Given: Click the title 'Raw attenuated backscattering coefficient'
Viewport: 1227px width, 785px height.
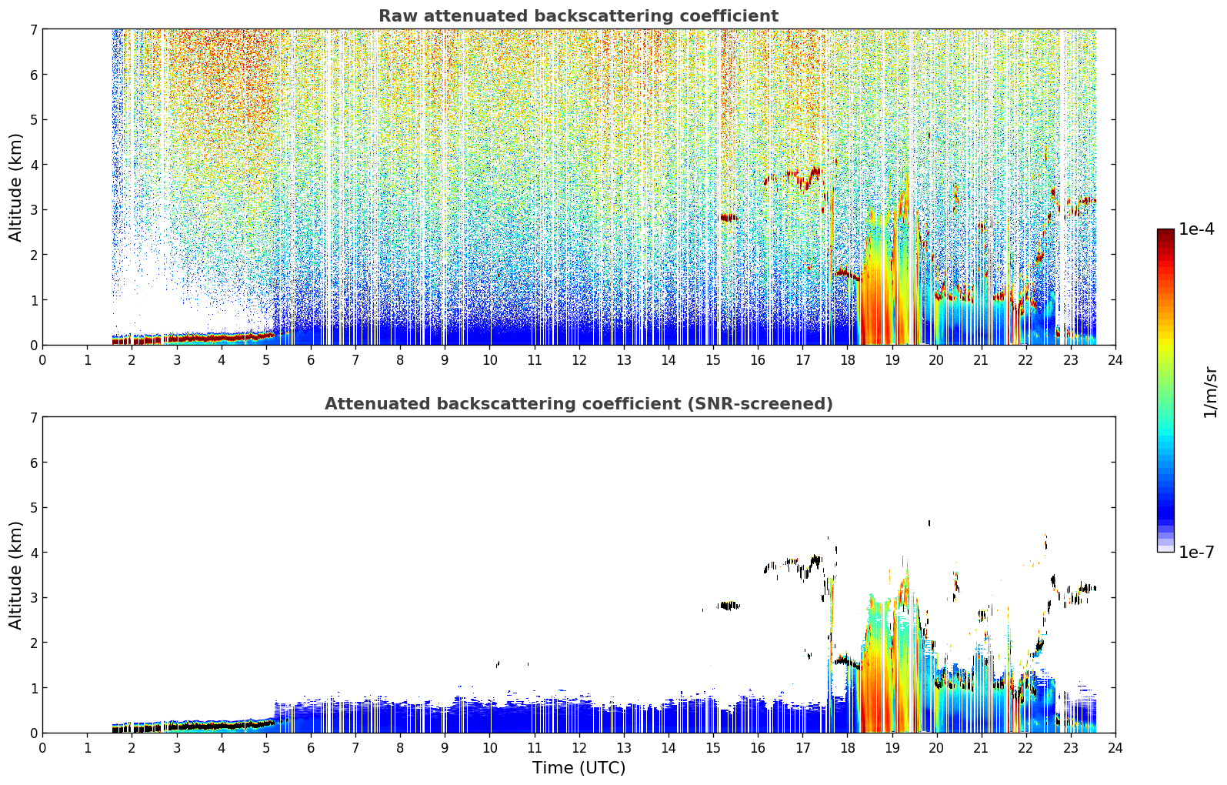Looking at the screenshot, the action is pos(578,16).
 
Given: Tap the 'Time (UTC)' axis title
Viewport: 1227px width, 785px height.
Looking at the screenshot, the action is pos(578,768).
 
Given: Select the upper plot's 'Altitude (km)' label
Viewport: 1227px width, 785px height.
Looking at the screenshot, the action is pos(15,188).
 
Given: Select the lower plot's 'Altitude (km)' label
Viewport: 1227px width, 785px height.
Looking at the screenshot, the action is pos(15,576).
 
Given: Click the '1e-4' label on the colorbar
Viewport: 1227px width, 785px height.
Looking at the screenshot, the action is pos(1196,229).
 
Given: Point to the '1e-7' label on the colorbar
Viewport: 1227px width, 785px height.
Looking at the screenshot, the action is pos(1196,552).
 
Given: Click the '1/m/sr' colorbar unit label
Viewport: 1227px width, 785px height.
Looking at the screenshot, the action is pos(1209,392).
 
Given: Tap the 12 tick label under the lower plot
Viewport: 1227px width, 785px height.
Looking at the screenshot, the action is pos(579,748).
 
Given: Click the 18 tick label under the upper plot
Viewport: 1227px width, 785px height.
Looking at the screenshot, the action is pos(848,360).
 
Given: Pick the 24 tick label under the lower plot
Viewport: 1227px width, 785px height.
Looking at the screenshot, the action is pos(1115,748).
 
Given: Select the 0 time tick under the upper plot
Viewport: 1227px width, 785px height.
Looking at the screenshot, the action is pos(43,360).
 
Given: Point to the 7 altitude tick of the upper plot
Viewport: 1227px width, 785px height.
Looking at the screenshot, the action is pos(33,29).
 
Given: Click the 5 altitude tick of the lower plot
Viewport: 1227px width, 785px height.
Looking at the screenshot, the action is pos(33,508).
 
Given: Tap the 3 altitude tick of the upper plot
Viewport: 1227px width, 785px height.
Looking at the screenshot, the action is pos(33,210).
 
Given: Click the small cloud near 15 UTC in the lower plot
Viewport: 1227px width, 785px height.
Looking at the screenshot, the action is pos(728,605).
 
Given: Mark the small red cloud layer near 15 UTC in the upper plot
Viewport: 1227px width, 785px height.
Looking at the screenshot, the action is pos(728,218).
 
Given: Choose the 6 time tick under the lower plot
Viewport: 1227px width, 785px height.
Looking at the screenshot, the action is pos(311,748).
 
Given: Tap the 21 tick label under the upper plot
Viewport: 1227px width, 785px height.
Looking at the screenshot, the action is pos(981,360).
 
